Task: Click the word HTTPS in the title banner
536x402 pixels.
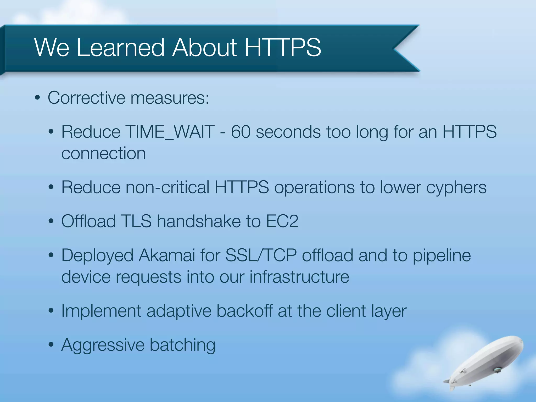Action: click(283, 48)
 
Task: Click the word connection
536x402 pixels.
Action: click(103, 153)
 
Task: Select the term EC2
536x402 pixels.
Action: click(282, 221)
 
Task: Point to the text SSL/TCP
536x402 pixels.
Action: click(261, 255)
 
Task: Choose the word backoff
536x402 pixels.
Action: click(245, 311)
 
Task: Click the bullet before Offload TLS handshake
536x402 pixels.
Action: click(51, 221)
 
